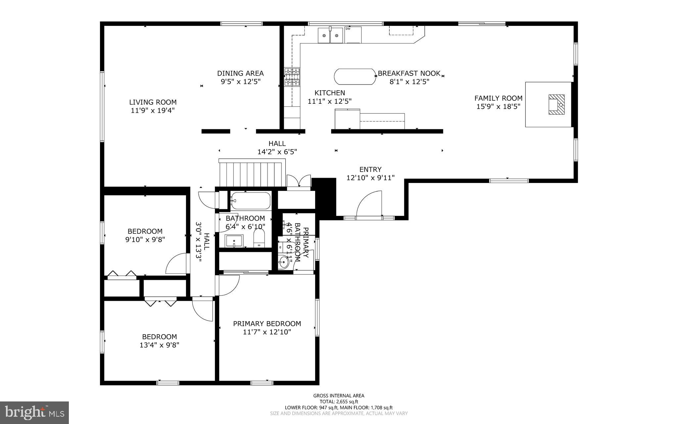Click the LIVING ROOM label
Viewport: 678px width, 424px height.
pyautogui.click(x=153, y=102)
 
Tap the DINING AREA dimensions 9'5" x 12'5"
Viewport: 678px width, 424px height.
pyautogui.click(x=241, y=82)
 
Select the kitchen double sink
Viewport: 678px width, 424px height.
pyautogui.click(x=330, y=35)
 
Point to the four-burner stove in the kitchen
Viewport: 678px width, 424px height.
pyautogui.click(x=292, y=77)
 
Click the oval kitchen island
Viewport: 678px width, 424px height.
pyautogui.click(x=355, y=77)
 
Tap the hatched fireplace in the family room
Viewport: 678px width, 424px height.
pyautogui.click(x=557, y=104)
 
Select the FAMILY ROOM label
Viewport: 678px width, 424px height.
pyautogui.click(x=498, y=98)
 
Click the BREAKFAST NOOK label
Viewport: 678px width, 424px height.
pyautogui.click(x=409, y=73)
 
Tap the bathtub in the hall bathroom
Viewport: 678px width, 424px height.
pyautogui.click(x=251, y=201)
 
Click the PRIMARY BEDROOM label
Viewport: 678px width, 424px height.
pyautogui.click(x=267, y=324)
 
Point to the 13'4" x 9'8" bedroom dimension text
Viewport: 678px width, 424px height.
pyautogui.click(x=159, y=345)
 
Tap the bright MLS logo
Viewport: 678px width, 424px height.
pyautogui.click(x=34, y=412)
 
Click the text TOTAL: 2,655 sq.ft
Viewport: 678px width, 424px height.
pyautogui.click(x=339, y=401)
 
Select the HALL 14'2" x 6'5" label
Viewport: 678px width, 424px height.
pyautogui.click(x=277, y=148)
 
